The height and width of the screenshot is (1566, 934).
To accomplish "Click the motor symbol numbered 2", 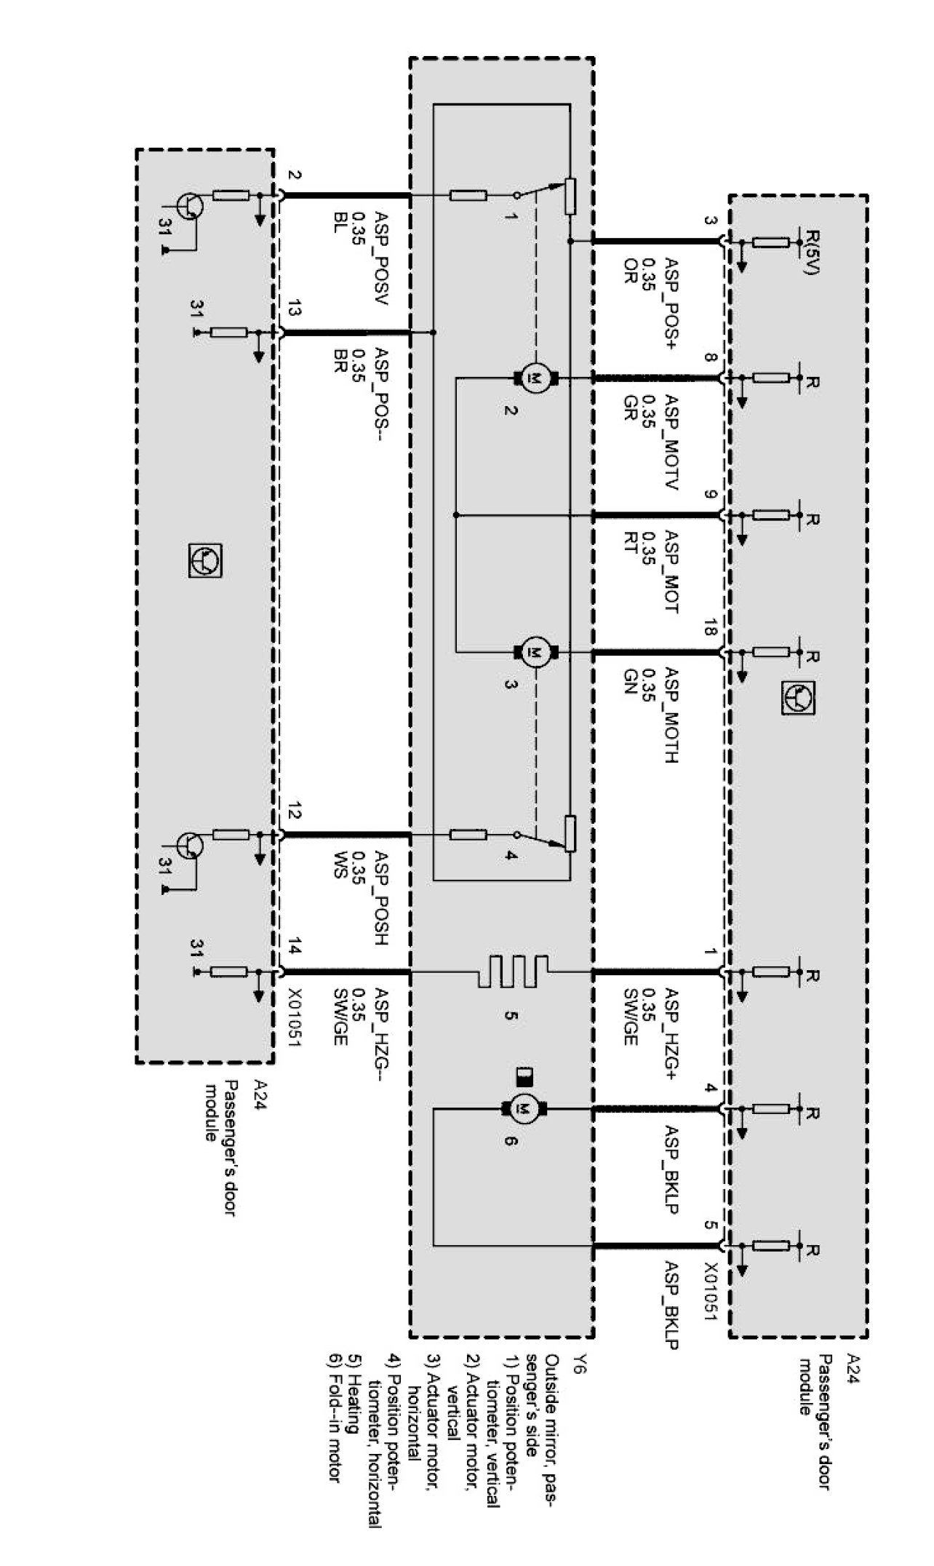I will click(535, 377).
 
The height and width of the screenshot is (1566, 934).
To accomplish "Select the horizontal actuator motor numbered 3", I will click(535, 651).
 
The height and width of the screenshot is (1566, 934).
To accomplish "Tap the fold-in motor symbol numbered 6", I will click(523, 1109).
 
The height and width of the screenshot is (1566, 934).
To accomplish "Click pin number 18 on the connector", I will click(711, 631).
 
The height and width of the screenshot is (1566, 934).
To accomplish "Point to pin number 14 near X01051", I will click(294, 948).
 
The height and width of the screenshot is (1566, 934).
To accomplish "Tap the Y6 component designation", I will click(577, 1365).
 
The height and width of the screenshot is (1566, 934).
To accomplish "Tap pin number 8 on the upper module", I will click(711, 357).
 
